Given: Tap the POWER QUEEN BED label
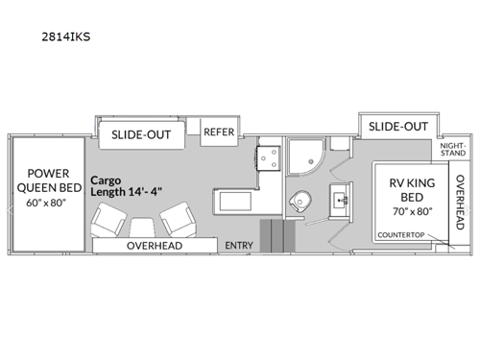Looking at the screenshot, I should (x=47, y=180).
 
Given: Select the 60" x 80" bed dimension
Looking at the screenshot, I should (x=47, y=203).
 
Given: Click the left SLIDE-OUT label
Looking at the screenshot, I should (x=141, y=134).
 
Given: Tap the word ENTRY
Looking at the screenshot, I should (x=239, y=246).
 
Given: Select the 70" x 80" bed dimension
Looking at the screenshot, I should (x=406, y=211).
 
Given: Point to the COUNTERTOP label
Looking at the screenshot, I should (x=401, y=235).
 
